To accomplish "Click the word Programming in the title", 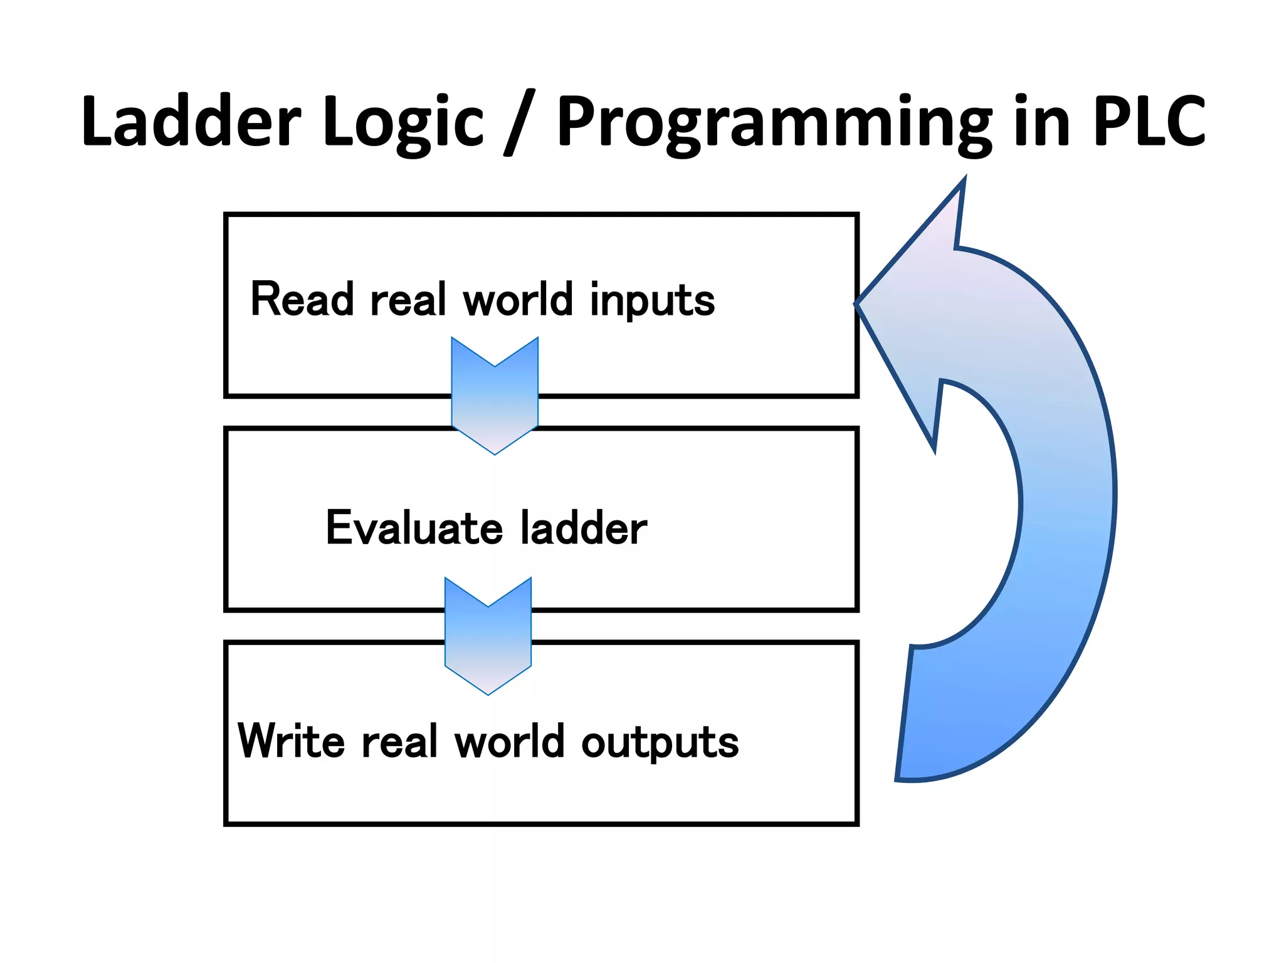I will [774, 124].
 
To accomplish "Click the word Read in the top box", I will [302, 299].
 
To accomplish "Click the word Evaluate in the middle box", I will [414, 528].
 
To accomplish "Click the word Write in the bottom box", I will [291, 741].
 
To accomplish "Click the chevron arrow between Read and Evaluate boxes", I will [495, 395].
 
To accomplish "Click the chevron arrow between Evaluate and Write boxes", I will [488, 635].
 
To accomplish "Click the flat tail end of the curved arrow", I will [906, 715].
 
